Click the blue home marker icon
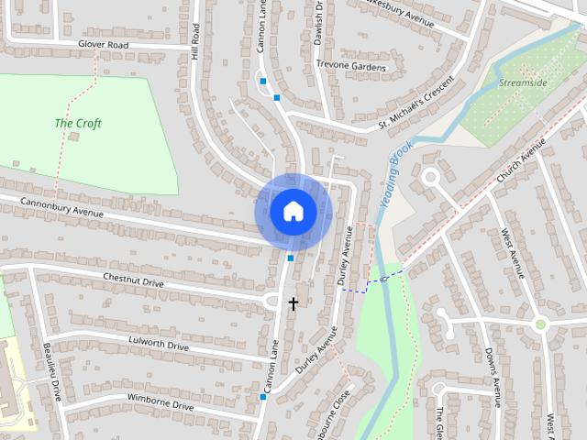(293, 212)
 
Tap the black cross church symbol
(293, 302)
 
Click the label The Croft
(78, 124)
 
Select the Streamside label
(524, 82)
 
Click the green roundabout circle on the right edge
(541, 323)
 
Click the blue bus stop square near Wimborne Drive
(262, 397)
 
